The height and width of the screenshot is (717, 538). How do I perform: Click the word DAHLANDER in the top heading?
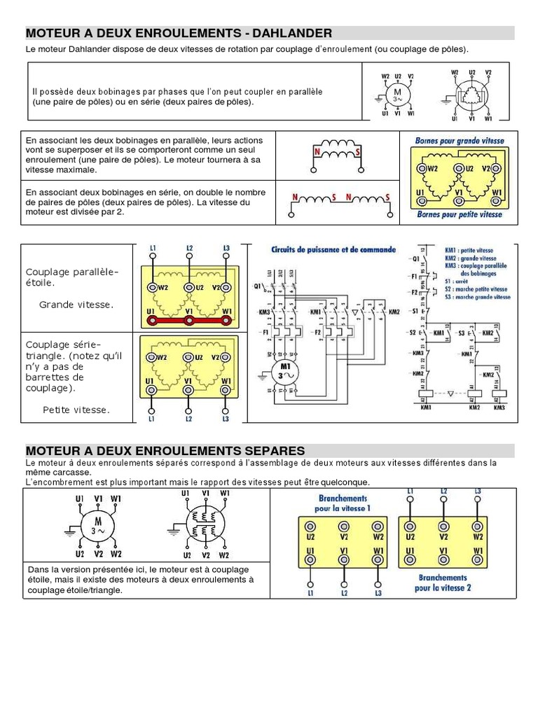click(x=288, y=33)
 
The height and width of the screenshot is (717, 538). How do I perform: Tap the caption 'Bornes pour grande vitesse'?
click(x=460, y=141)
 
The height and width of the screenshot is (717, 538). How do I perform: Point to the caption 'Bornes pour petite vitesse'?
click(x=460, y=214)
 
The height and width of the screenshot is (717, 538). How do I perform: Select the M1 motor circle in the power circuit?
click(x=284, y=371)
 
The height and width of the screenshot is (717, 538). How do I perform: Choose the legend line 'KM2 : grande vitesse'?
click(x=474, y=258)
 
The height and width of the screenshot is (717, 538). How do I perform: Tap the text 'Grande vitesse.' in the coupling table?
click(x=76, y=305)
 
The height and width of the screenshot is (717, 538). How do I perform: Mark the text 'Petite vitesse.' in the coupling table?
click(x=76, y=410)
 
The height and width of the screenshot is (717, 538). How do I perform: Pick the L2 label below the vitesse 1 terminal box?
click(x=344, y=593)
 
